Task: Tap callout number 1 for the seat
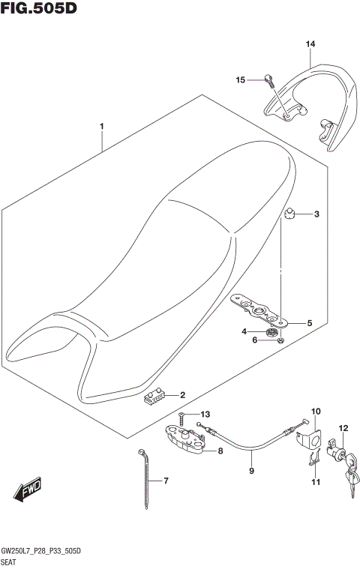[102, 127]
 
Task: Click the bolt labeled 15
[268, 77]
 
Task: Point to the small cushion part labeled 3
[289, 216]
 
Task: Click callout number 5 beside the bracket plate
[308, 324]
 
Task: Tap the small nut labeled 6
[278, 341]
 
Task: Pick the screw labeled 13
[182, 415]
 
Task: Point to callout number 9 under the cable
[252, 472]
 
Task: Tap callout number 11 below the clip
[315, 482]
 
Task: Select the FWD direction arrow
[28, 491]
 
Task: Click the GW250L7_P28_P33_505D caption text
[41, 551]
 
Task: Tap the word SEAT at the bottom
[10, 562]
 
